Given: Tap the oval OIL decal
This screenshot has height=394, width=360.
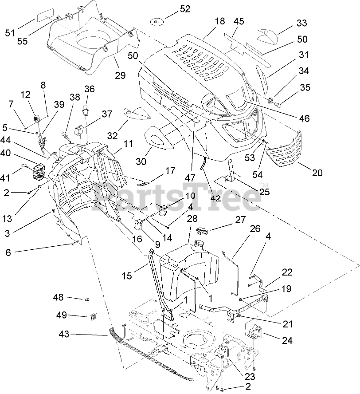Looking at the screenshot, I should coord(156,21).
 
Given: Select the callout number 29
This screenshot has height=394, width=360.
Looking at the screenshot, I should coord(120,75).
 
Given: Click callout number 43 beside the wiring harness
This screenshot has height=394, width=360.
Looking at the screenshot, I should coord(64,334).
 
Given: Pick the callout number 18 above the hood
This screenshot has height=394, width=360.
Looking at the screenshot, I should coord(219,21).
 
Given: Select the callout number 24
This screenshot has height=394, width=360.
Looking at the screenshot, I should coord(287,340).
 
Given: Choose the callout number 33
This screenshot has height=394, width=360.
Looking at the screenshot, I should coord(302,23).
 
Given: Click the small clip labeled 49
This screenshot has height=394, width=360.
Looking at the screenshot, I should coord(93,316).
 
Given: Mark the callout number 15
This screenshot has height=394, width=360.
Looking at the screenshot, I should coord(127,276).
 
